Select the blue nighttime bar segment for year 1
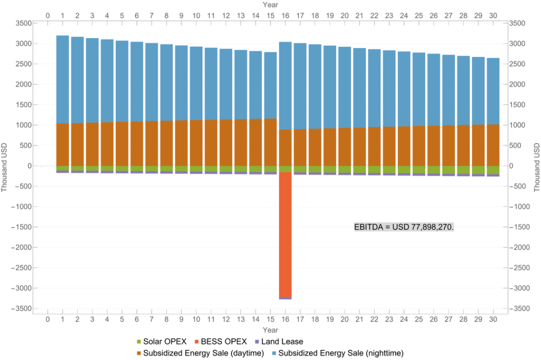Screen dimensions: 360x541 tap(62, 79)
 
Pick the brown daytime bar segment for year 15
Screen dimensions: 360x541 tap(270, 143)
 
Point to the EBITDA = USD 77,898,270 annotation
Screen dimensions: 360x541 tap(404, 227)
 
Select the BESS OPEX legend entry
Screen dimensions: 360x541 tap(221, 342)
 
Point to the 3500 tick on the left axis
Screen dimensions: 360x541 tap(24, 23)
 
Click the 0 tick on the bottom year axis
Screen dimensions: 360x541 tap(48, 319)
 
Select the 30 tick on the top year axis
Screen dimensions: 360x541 tap(493, 16)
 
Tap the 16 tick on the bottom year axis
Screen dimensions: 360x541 tap(285, 319)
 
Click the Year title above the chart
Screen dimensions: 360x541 tap(270, 5)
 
